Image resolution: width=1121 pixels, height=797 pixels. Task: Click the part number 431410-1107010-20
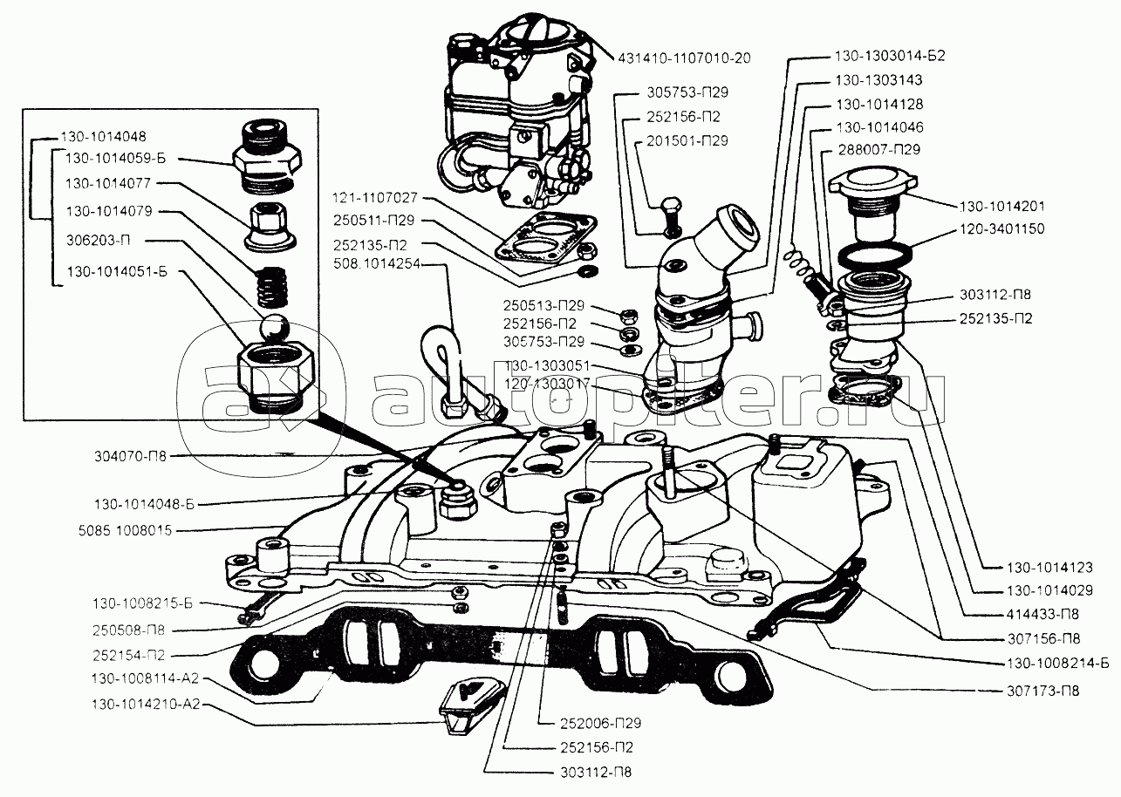[684, 58]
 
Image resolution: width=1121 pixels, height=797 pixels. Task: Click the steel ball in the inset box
[272, 330]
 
